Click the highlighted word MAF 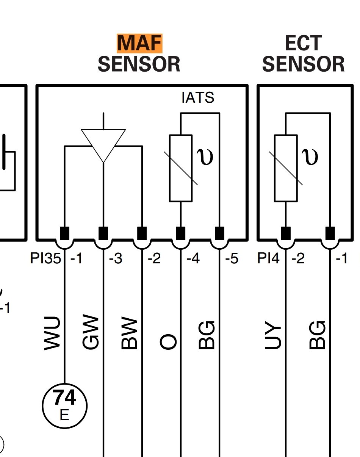point(139,43)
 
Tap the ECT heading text point(303,43)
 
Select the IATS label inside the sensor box point(198,98)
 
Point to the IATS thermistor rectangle point(180,168)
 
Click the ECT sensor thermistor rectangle point(285,168)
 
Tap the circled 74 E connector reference point(64,405)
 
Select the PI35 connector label point(45,259)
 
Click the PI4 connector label point(268,259)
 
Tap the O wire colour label point(168,341)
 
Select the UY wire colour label point(273,336)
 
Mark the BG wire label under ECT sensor point(318,335)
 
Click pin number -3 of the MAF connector point(116,259)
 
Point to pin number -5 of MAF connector point(232,259)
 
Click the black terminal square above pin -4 point(180,233)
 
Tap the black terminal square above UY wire point(285,233)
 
